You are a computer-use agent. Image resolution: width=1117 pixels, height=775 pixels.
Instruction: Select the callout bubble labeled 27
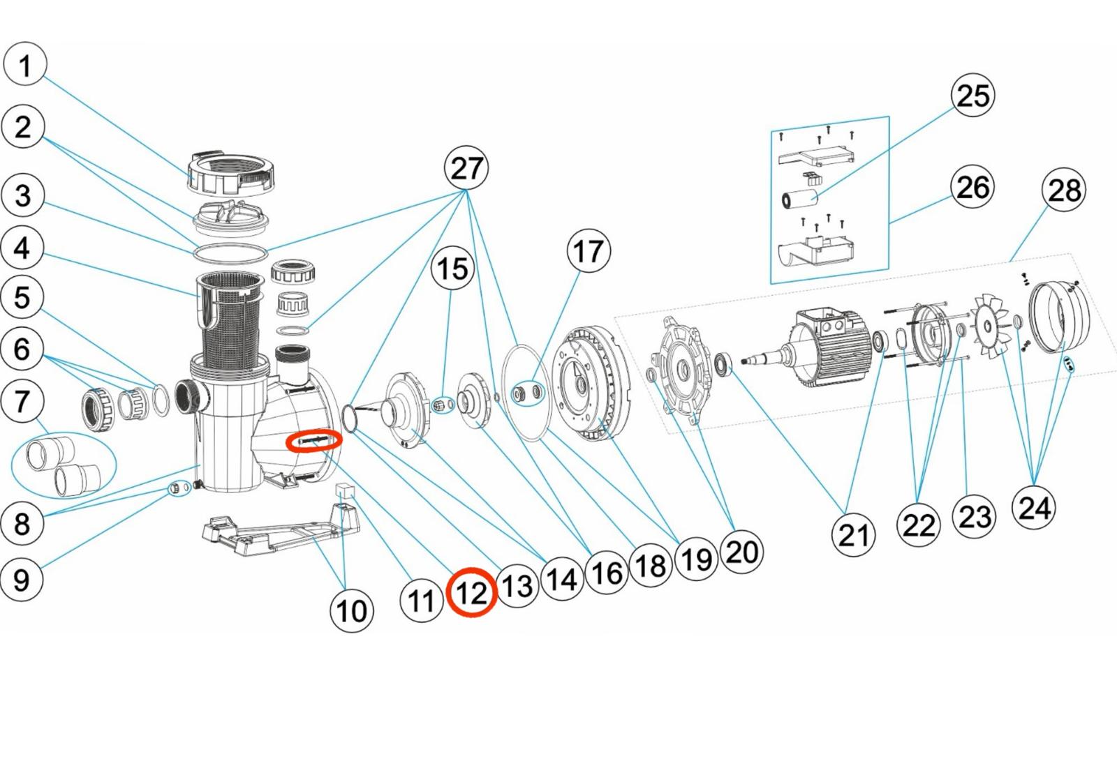[x=466, y=168]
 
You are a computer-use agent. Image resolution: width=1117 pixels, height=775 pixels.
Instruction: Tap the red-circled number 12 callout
[x=472, y=592]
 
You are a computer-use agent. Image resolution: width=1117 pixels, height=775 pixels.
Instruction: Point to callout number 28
[x=1063, y=190]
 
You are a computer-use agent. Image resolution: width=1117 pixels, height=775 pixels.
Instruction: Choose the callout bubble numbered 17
[x=589, y=251]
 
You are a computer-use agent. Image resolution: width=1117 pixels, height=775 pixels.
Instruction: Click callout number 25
[x=973, y=96]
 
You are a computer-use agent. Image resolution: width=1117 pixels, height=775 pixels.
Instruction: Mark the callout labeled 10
[x=351, y=610]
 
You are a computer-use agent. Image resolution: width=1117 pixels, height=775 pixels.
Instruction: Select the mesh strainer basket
[x=230, y=317]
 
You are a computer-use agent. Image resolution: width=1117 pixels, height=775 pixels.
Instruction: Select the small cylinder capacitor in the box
[x=800, y=200]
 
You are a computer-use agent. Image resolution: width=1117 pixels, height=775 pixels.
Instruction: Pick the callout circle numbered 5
[x=22, y=297]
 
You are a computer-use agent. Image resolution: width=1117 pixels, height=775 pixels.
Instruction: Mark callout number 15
[x=452, y=269]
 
